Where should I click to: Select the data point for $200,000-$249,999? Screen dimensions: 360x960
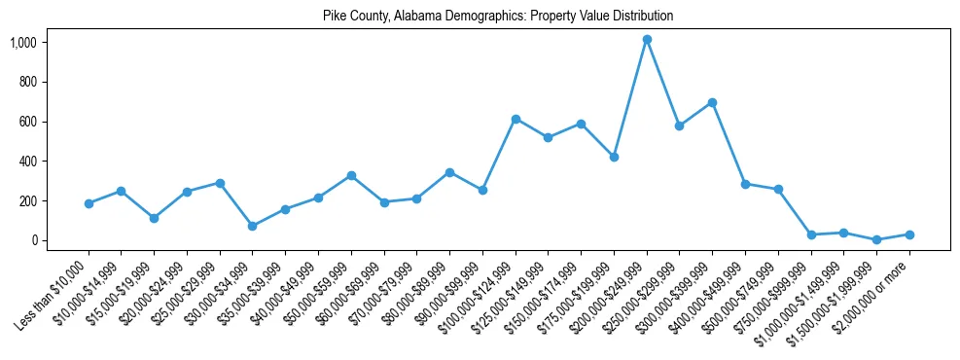tap(647, 40)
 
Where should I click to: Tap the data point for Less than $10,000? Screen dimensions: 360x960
tap(89, 203)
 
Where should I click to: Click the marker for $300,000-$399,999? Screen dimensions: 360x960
tap(712, 102)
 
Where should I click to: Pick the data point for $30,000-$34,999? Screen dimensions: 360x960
tap(253, 226)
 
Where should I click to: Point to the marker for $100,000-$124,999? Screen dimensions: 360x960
tap(516, 119)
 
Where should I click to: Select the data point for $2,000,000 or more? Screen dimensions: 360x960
tap(909, 234)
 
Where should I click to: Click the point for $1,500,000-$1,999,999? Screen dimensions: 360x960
tap(876, 239)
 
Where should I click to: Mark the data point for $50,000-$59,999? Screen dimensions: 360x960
tap(351, 175)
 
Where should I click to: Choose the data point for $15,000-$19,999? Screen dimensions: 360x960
tap(154, 218)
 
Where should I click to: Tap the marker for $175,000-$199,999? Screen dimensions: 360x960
tap(614, 157)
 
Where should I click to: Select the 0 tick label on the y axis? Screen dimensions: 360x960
tap(33, 240)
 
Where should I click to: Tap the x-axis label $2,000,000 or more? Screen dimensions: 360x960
tap(875, 292)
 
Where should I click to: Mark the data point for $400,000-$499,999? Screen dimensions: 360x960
tap(745, 184)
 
